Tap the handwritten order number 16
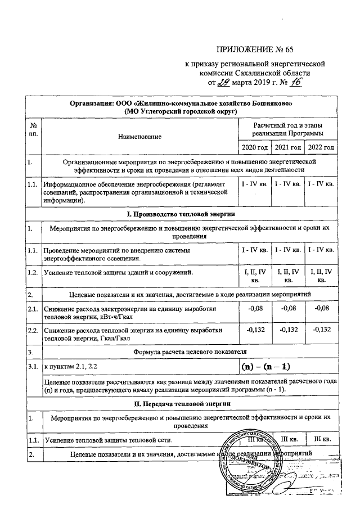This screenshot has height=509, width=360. click(x=295, y=83)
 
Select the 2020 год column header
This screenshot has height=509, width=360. click(x=254, y=147)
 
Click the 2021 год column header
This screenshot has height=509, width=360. click(x=287, y=147)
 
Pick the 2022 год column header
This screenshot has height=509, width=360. click(x=321, y=147)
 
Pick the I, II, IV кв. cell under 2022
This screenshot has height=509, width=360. click(x=321, y=276)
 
